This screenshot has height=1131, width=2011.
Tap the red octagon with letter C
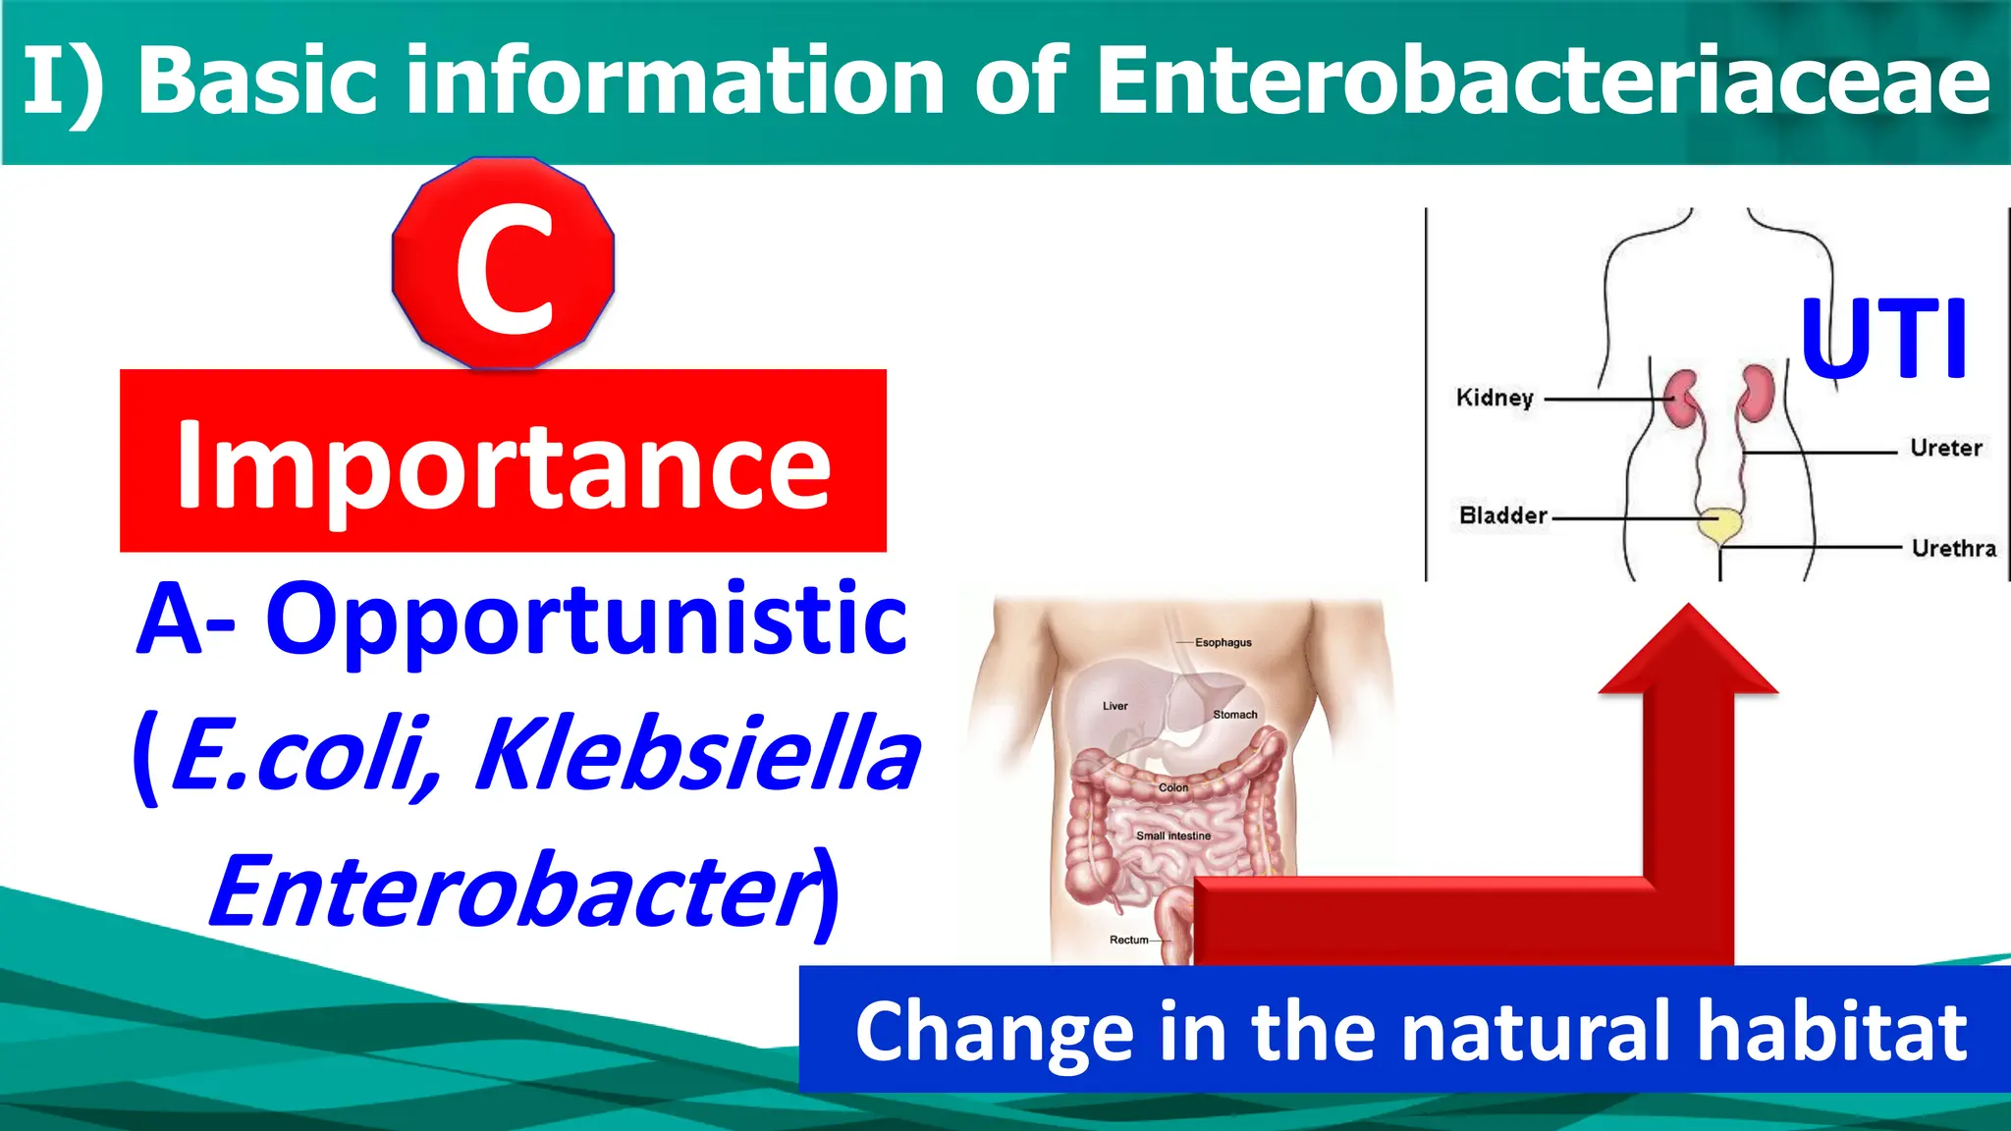click(x=504, y=263)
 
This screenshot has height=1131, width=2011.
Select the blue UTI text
click(x=1883, y=339)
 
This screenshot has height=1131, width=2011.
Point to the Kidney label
click(x=1494, y=398)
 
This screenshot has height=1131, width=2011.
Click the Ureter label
click(x=1945, y=448)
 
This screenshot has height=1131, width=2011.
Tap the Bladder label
click(x=1502, y=515)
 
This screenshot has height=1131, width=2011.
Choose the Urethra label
click(x=1953, y=548)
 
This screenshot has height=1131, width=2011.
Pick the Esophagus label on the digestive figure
click(x=1223, y=642)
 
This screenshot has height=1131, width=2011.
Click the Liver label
click(x=1114, y=706)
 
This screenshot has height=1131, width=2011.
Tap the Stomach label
click(x=1234, y=715)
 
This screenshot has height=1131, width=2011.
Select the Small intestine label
click(x=1172, y=835)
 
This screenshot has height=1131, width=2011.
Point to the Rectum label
click(x=1128, y=940)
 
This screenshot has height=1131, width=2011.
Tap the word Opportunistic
click(x=586, y=619)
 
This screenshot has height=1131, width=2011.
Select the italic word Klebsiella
click(x=697, y=754)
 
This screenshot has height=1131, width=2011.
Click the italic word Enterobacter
click(x=511, y=890)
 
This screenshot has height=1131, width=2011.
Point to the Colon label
click(x=1172, y=787)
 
